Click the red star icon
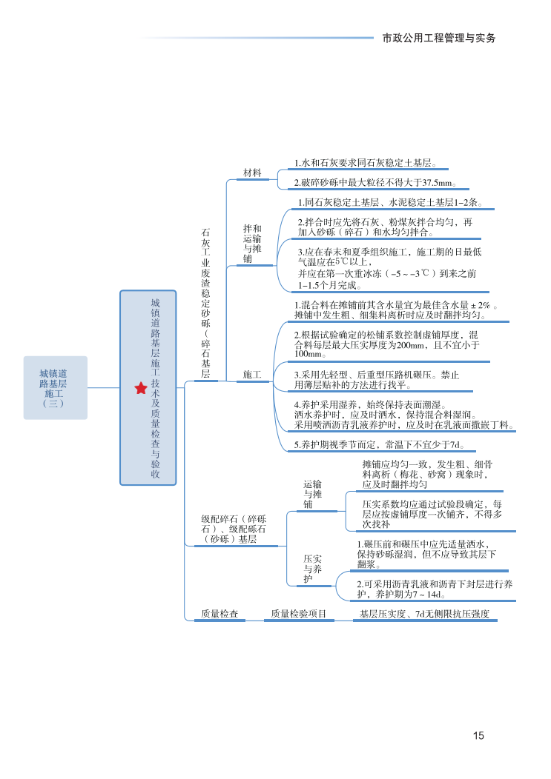pyautogui.click(x=141, y=388)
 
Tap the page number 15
pyautogui.click(x=478, y=735)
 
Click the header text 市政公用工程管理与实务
pyautogui.click(x=438, y=37)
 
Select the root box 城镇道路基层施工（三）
pyautogui.click(x=54, y=388)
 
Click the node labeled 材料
pyautogui.click(x=253, y=173)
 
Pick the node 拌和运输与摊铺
pyautogui.click(x=252, y=244)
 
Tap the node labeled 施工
pyautogui.click(x=252, y=375)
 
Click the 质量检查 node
pyautogui.click(x=220, y=614)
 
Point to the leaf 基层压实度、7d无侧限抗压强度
pyautogui.click(x=424, y=614)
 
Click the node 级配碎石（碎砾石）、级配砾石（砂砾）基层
pyautogui.click(x=234, y=529)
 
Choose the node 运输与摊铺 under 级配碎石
pyautogui.click(x=312, y=494)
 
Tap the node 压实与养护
pyautogui.click(x=312, y=569)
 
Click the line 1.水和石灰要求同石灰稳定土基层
pyautogui.click(x=365, y=163)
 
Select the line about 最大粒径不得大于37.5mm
pyautogui.click(x=375, y=182)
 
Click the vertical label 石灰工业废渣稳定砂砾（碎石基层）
pyautogui.click(x=205, y=304)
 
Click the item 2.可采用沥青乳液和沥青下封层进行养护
pyautogui.click(x=435, y=589)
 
